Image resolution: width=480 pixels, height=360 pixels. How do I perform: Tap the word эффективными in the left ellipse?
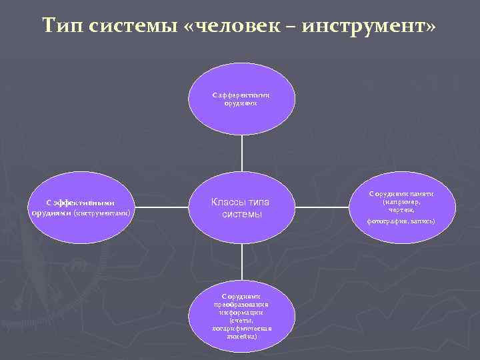pyautogui.click(x=83, y=203)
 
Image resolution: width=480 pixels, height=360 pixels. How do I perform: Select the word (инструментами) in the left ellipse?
pyautogui.click(x=103, y=213)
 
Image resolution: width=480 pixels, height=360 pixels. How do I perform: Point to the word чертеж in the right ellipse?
pyautogui.click(x=402, y=209)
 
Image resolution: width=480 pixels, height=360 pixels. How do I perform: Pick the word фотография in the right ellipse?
pyautogui.click(x=388, y=221)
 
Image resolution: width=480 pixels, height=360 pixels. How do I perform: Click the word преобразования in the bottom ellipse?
pyautogui.click(x=241, y=303)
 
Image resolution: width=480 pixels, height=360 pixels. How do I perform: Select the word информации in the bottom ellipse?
pyautogui.click(x=241, y=311)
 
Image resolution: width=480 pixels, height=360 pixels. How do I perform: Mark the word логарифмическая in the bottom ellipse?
pyautogui.click(x=241, y=328)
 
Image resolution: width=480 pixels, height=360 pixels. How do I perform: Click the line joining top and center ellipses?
pyautogui.click(x=242, y=153)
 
